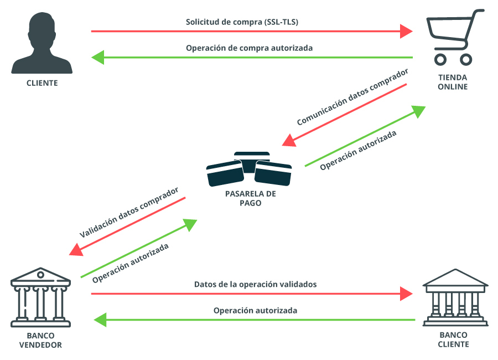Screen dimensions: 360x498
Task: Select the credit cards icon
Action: coord(249,169)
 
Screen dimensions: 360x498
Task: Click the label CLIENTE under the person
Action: coord(42,84)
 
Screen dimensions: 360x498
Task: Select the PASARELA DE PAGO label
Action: coord(250,198)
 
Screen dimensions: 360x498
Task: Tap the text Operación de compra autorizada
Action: coord(249,48)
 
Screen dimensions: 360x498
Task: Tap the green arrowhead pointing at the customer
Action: coord(98,56)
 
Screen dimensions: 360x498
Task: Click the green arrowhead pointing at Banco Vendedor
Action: coord(100,320)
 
